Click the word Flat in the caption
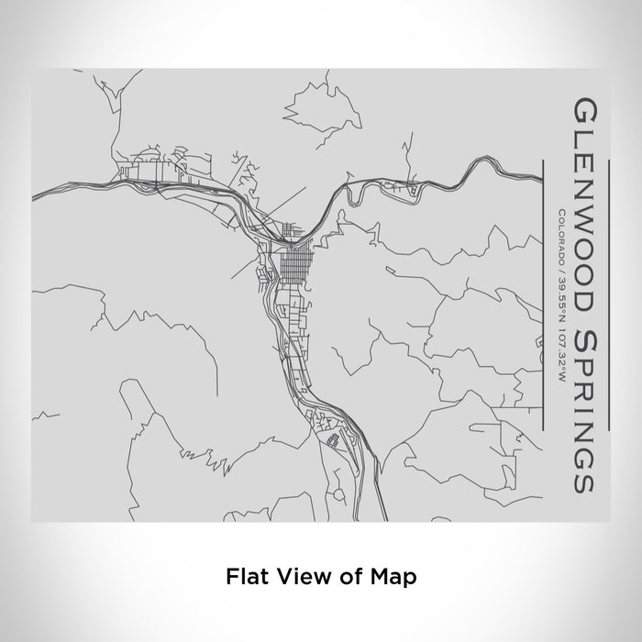pos(242,577)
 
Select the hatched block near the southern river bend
pos(334,438)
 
